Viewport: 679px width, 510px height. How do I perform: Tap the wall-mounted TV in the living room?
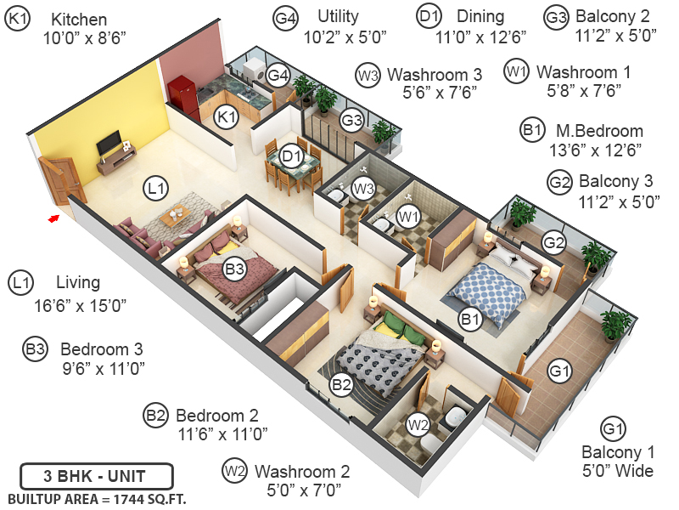(x=107, y=145)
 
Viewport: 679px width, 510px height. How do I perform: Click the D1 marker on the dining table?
(x=292, y=156)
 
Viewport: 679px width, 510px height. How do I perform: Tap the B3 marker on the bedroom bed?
(x=235, y=269)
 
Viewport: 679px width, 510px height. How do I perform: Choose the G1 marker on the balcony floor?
(x=559, y=371)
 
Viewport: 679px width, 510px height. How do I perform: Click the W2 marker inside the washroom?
(x=417, y=422)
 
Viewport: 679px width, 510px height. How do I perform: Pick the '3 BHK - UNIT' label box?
(x=96, y=475)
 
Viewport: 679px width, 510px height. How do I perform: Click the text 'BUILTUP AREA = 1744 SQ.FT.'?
(x=97, y=498)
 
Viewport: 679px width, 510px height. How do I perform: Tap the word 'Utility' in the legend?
(x=338, y=16)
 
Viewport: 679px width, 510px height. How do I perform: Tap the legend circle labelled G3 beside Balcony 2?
(x=556, y=17)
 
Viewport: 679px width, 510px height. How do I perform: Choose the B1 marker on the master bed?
(x=470, y=320)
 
